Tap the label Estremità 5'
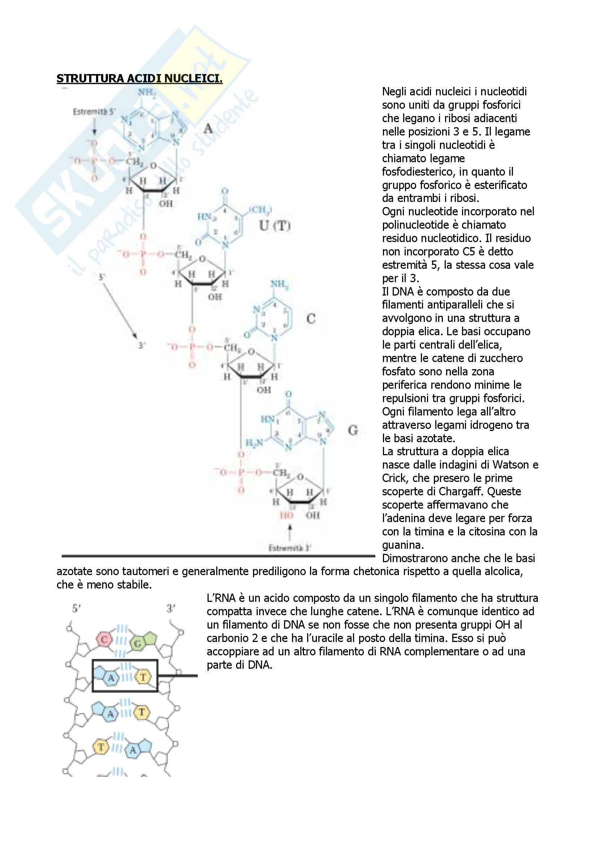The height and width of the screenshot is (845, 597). click(94, 112)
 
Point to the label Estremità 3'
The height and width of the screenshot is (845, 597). click(290, 548)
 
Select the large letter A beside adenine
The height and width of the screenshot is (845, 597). click(208, 129)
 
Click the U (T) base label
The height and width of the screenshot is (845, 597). click(275, 225)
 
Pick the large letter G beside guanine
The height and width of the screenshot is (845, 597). click(353, 430)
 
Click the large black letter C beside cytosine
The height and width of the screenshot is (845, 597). click(311, 319)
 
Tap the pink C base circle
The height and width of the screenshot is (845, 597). click(104, 639)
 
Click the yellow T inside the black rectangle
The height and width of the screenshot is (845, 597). click(143, 677)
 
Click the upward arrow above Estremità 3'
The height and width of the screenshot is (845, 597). click(290, 533)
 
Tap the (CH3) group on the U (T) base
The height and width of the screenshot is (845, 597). click(260, 210)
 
